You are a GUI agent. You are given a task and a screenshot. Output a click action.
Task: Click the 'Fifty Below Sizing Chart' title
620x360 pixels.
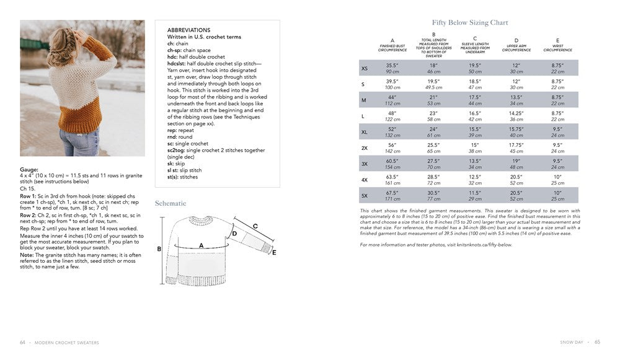click(x=470, y=23)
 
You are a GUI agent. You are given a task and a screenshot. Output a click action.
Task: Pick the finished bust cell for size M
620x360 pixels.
click(x=392, y=100)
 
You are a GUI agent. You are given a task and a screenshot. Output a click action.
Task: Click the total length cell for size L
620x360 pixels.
click(x=433, y=116)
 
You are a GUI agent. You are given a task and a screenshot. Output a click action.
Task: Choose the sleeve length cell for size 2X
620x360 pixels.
click(x=475, y=147)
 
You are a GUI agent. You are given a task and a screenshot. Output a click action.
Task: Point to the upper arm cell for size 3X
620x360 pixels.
click(x=516, y=164)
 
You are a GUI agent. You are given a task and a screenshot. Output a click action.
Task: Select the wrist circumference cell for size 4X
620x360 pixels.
click(x=557, y=180)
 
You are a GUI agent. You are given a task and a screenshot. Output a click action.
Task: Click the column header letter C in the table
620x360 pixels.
click(x=475, y=38)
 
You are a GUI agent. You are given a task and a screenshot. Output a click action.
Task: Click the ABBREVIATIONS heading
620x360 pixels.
click(x=188, y=30)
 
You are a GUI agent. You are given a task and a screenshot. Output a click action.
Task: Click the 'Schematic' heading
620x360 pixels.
click(x=170, y=203)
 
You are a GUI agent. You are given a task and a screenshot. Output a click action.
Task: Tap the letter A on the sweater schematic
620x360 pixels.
click(x=201, y=246)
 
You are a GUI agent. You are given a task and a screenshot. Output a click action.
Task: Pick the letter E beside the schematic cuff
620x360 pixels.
click(x=274, y=253)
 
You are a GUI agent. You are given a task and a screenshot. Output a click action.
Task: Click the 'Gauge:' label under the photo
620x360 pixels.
click(x=29, y=169)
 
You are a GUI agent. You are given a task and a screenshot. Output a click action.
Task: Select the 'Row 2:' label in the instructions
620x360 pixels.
click(x=29, y=215)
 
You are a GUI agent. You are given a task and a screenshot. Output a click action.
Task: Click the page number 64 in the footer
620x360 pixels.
click(x=23, y=342)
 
